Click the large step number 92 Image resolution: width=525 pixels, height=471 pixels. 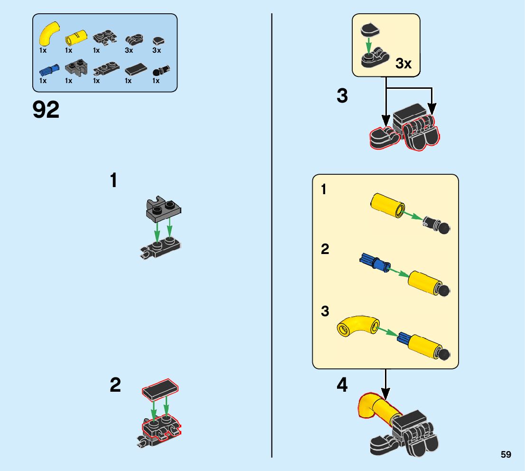pos(46,110)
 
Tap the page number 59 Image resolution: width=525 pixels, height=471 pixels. pos(506,455)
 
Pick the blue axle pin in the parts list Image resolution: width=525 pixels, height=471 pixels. pos(49,70)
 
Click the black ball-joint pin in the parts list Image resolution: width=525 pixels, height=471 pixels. pos(161,71)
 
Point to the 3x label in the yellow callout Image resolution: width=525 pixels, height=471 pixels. pos(403,64)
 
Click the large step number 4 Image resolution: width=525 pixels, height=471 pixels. pos(342,385)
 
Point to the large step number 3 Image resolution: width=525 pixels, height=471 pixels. pos(342,96)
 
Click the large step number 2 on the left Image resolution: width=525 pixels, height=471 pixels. pos(115,385)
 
